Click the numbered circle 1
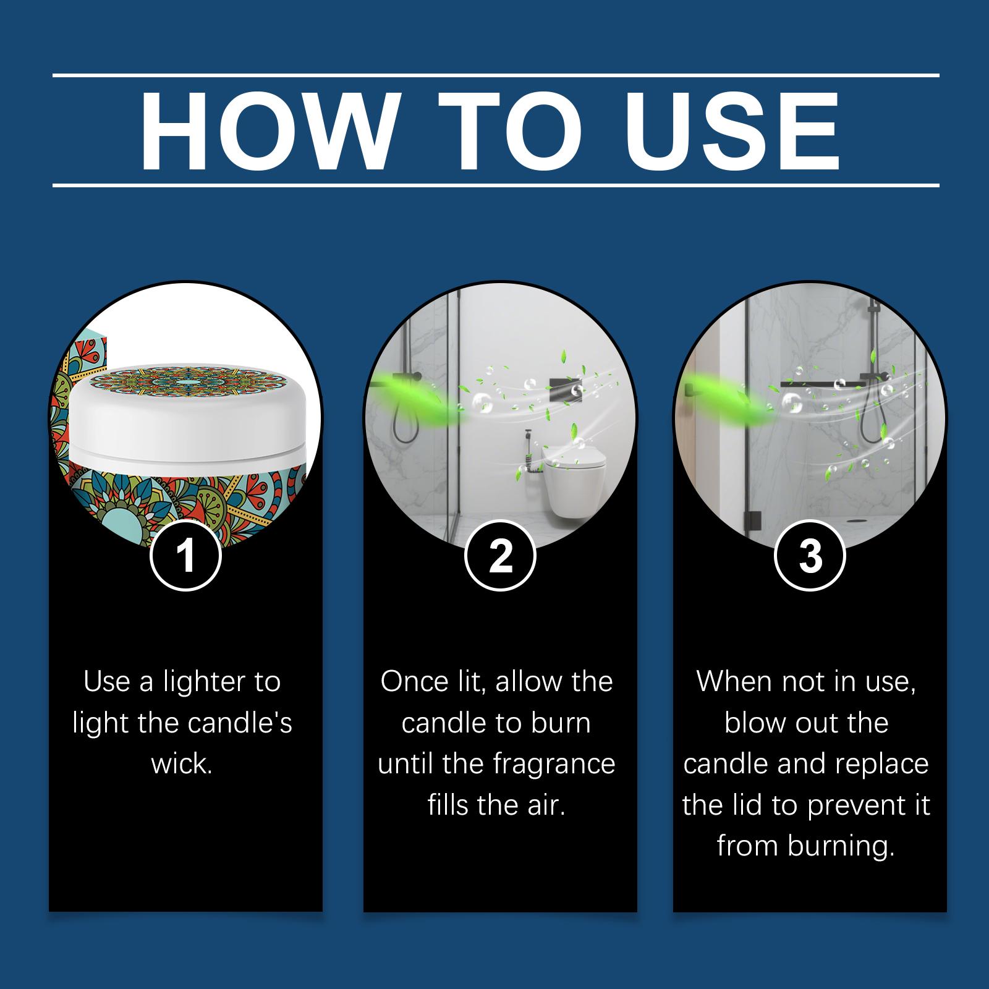click(185, 554)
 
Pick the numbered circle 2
click(500, 554)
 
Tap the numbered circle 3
click(810, 554)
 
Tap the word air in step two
click(548, 805)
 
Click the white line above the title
click(496, 76)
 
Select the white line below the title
click(496, 185)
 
